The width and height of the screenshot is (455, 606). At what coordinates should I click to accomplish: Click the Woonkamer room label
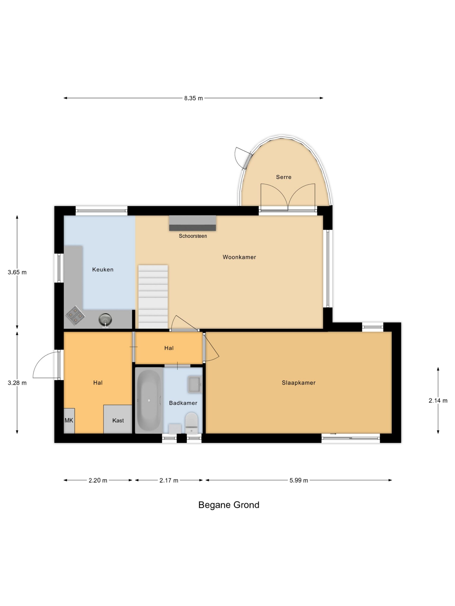coord(239,257)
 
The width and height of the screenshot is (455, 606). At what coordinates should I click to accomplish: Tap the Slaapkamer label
coord(299,383)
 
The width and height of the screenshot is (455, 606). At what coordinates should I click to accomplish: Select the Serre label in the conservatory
coord(284,177)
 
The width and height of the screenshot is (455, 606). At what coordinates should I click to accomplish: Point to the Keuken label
coord(103,270)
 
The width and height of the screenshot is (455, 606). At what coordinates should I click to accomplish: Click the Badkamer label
coord(183,403)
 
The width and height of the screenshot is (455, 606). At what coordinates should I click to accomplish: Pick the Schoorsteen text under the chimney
coord(193,236)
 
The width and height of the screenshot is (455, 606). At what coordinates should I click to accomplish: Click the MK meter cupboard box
coord(69,420)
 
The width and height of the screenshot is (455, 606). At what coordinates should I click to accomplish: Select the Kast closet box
coord(118,419)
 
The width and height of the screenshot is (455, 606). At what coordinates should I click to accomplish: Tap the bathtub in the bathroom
coord(149,400)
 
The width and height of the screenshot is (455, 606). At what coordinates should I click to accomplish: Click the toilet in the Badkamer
coord(191,423)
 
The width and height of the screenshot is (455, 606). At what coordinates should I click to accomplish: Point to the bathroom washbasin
coord(195,385)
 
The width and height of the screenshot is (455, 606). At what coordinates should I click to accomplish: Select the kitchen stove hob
coord(75,315)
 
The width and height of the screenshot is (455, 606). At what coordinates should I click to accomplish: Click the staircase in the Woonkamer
coord(153,297)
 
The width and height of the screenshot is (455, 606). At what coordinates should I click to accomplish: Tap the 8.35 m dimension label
coord(193,98)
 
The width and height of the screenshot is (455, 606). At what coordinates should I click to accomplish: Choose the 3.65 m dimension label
coord(17,272)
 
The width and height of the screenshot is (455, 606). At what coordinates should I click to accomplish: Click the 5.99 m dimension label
coord(299,480)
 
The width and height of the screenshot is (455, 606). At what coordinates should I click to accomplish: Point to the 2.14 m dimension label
coord(438,401)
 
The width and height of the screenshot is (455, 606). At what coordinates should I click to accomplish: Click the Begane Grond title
coord(229,505)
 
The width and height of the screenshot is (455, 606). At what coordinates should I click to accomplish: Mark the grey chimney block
coord(192,223)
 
